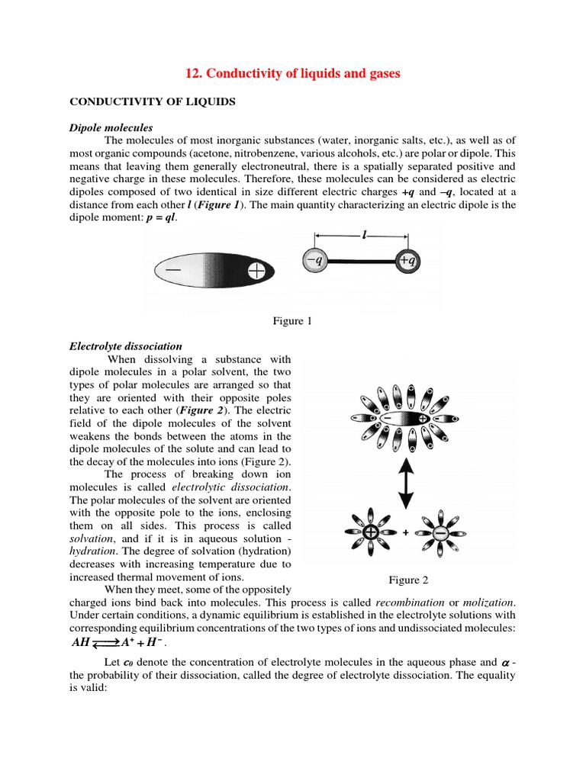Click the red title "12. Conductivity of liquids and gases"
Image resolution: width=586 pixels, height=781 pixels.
tap(293, 73)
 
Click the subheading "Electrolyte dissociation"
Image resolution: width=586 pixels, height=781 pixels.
tap(126, 346)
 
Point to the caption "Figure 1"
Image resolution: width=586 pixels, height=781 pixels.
tap(293, 321)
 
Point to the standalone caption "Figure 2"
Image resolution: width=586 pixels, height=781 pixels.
tap(408, 580)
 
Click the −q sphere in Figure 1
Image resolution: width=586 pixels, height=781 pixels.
tap(314, 260)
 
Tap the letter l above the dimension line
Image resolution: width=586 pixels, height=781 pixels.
tap(365, 236)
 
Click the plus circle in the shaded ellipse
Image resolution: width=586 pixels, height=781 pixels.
tap(259, 270)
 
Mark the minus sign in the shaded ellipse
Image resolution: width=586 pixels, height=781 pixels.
tap(176, 270)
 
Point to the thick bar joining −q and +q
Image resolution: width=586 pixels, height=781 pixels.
tap(360, 261)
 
